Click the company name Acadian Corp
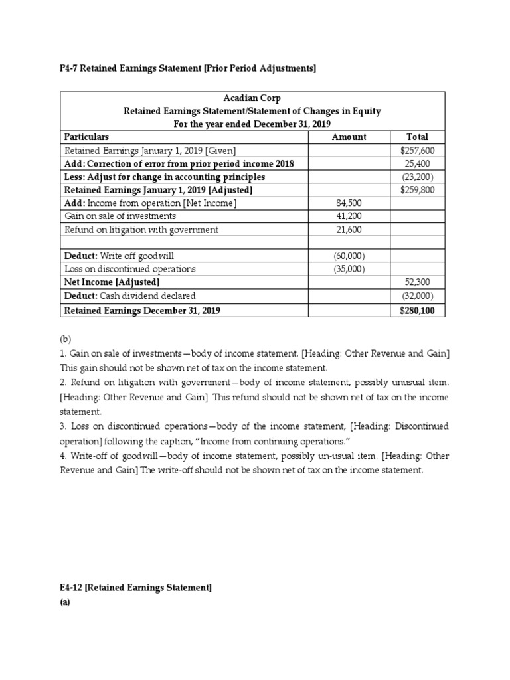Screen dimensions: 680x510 click(x=252, y=98)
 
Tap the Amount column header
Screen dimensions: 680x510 click(x=349, y=137)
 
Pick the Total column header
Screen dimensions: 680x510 click(x=417, y=137)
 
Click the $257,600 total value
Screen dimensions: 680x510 click(x=417, y=151)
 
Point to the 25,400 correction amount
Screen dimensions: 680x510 click(x=420, y=163)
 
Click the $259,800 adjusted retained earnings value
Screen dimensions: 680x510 click(x=417, y=190)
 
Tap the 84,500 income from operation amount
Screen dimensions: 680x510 click(x=349, y=203)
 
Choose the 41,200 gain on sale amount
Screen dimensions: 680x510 click(x=349, y=216)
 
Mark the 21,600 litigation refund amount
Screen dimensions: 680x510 click(x=349, y=230)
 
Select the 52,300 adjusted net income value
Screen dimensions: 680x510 click(x=420, y=282)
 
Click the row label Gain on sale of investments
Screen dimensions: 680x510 click(x=120, y=216)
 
